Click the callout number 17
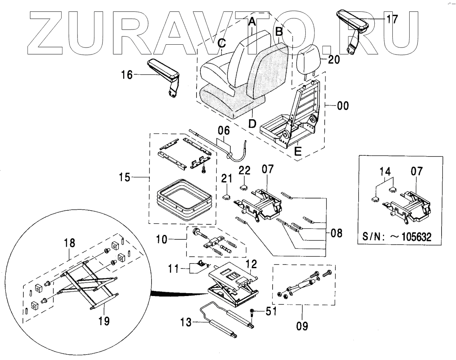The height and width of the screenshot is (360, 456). [x=392, y=19]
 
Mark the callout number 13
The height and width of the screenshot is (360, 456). [x=186, y=323]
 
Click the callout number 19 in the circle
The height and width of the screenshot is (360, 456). [x=104, y=321]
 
